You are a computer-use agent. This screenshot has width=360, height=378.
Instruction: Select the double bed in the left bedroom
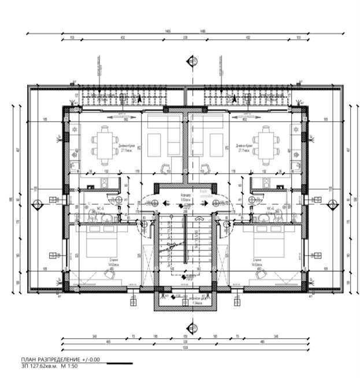pyautogui.click(x=101, y=245)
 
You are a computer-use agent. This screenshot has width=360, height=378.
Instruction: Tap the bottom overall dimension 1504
pyautogui.click(x=185, y=348)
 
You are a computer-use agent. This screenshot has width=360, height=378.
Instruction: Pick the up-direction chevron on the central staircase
pyautogui.click(x=199, y=219)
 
